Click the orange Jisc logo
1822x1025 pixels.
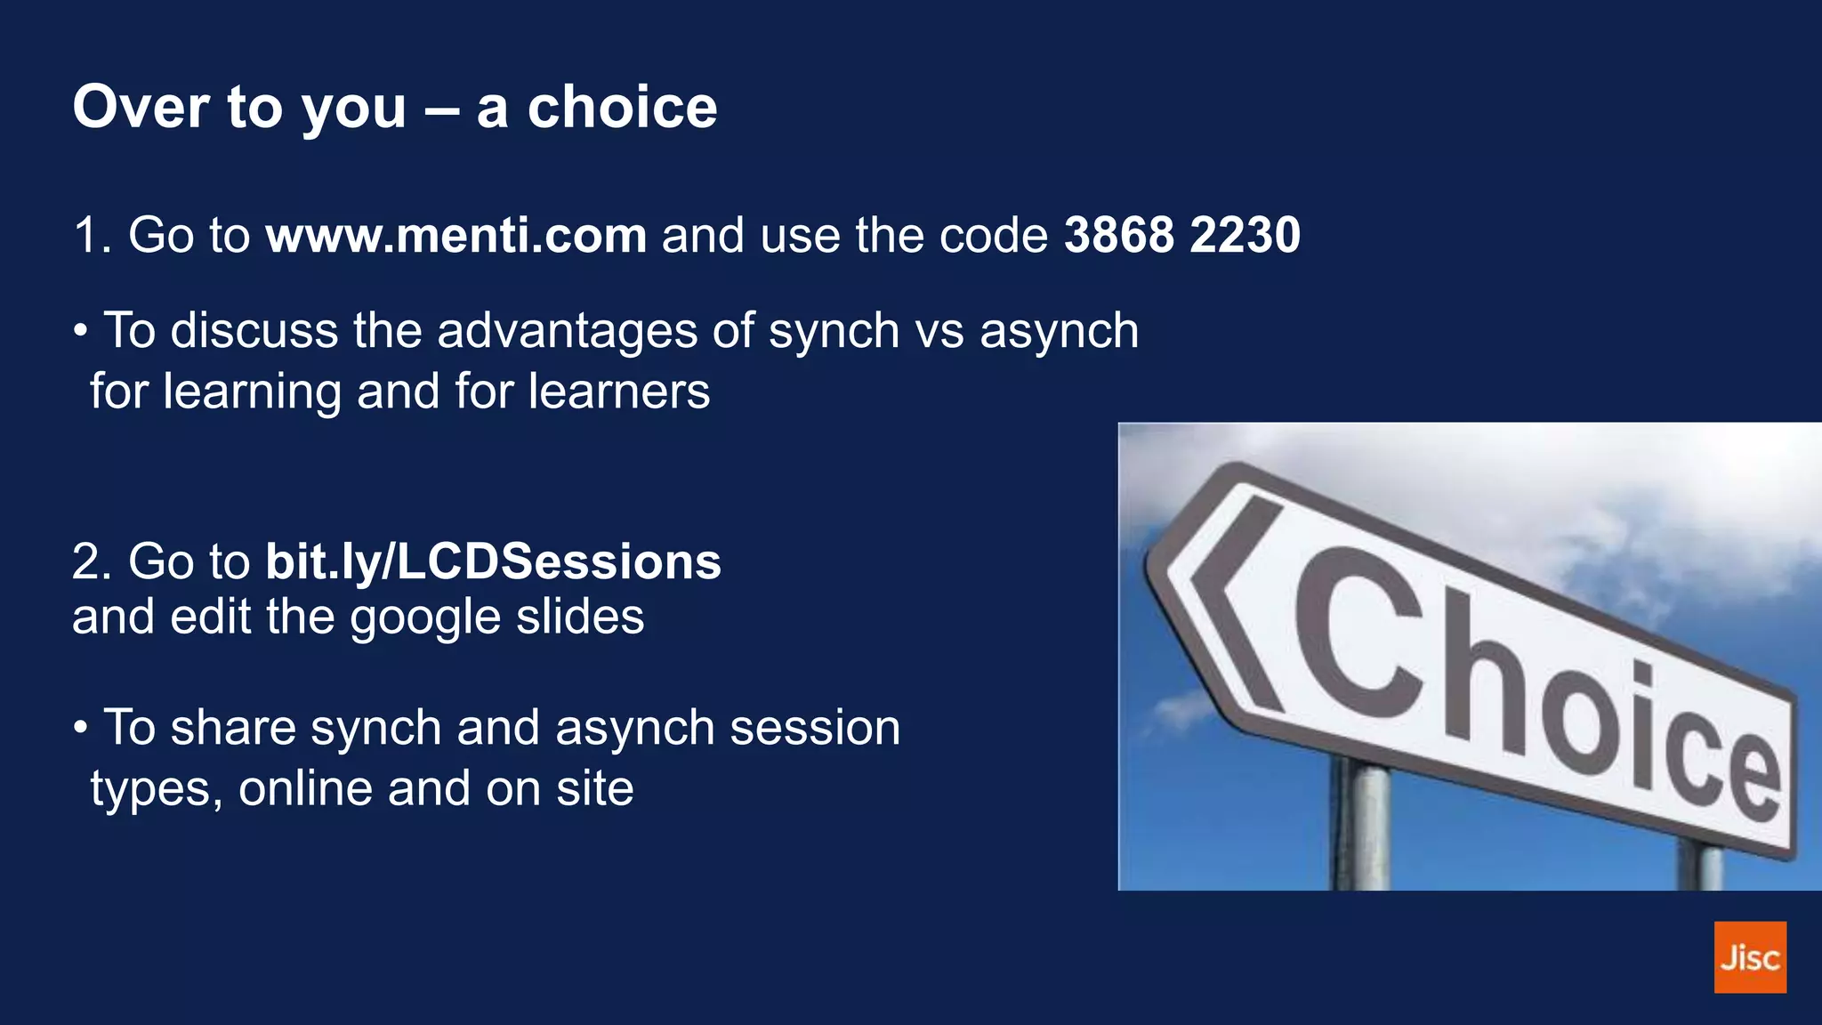(1749, 956)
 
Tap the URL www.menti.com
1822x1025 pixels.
(455, 236)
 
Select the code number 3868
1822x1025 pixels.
(1119, 236)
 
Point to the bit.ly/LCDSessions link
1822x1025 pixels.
(493, 562)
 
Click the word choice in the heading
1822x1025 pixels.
(622, 108)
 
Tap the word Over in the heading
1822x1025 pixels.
(141, 108)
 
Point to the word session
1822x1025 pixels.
(814, 728)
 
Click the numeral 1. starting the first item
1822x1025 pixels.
(92, 236)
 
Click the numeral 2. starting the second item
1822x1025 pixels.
(92, 562)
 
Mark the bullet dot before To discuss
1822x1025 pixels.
(81, 332)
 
